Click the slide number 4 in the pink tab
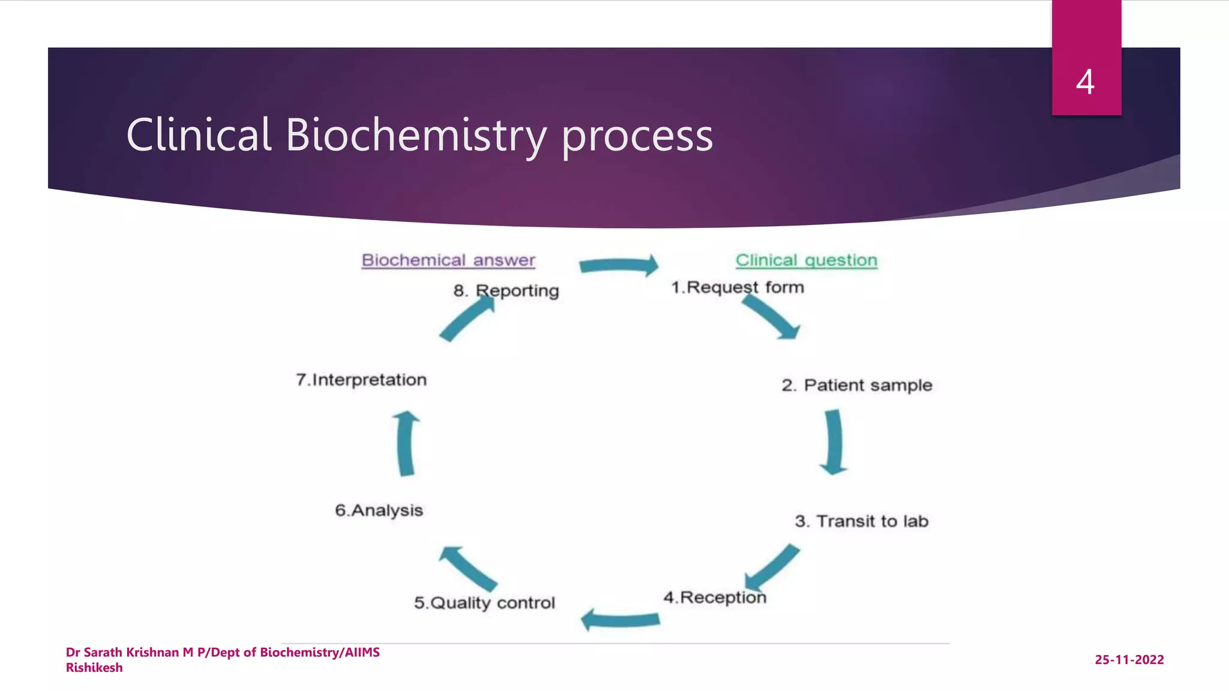(1085, 82)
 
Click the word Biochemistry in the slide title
(415, 135)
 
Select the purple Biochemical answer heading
(448, 260)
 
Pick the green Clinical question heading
(806, 260)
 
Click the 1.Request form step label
(737, 287)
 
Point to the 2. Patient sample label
(856, 385)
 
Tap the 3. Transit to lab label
(861, 521)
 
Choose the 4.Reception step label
(714, 597)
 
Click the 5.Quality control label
(484, 602)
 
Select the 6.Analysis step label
(379, 510)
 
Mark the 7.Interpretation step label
(361, 380)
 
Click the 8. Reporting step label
(506, 291)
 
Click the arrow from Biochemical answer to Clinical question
(619, 265)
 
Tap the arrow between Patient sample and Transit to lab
(833, 442)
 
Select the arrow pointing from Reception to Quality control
(621, 620)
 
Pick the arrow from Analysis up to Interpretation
(406, 443)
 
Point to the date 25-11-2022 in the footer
(1129, 660)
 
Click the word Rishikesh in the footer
(94, 668)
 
